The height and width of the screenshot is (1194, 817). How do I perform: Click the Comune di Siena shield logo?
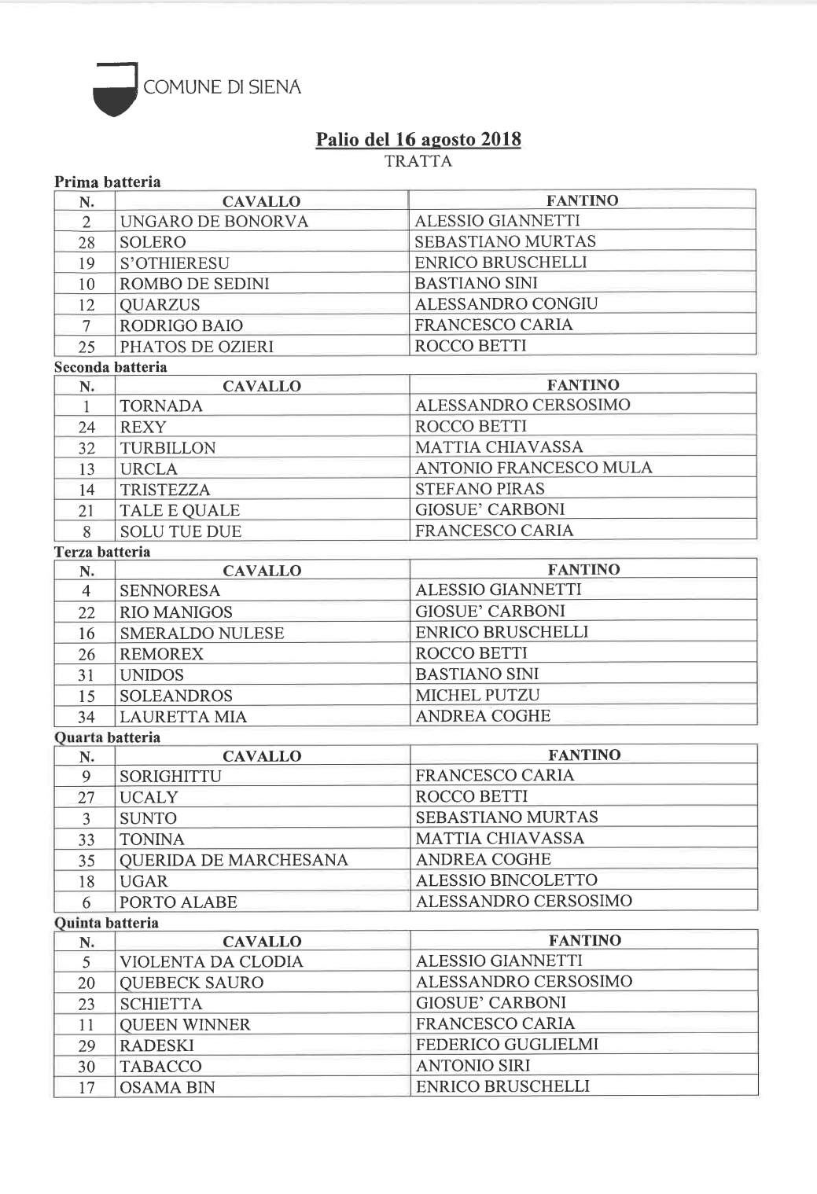[115, 90]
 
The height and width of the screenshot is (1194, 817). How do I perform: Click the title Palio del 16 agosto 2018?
[418, 140]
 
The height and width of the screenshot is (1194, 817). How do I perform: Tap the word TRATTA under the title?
[418, 162]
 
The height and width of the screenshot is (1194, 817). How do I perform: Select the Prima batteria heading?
[108, 182]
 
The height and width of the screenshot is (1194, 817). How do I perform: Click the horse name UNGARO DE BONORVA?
[214, 222]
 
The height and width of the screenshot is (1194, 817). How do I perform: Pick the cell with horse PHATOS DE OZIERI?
[197, 347]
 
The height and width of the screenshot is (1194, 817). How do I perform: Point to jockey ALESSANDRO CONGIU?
[506, 304]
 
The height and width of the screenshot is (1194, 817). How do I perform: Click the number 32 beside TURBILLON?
[86, 448]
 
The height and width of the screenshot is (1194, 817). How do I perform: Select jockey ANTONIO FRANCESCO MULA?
[534, 468]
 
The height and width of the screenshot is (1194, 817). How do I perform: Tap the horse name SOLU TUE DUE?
[181, 531]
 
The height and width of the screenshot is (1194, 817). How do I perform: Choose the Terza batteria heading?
[102, 552]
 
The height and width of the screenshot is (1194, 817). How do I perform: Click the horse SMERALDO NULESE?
[202, 634]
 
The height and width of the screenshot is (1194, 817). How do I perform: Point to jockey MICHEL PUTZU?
[478, 696]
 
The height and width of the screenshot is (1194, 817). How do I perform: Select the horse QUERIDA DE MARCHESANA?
[234, 861]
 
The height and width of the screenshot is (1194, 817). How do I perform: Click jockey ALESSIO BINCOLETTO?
[506, 880]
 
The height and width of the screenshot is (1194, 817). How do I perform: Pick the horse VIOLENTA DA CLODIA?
[212, 962]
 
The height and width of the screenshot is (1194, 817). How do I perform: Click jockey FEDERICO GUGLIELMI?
[507, 1045]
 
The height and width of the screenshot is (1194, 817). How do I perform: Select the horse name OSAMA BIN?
[167, 1088]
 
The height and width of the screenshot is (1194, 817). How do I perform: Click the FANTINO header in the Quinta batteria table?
[584, 941]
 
